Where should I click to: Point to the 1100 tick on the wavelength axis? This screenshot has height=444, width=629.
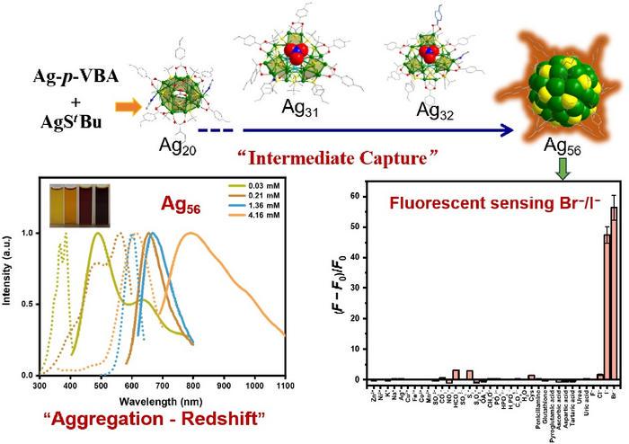coord(284,386)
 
